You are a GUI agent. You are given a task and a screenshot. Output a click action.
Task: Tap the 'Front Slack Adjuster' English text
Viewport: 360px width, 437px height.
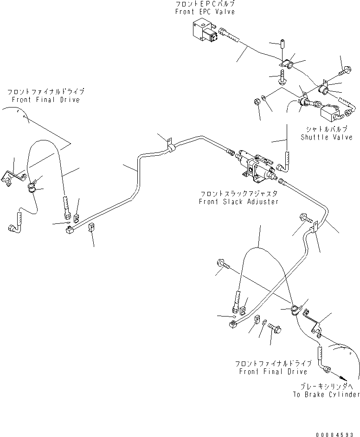(x=238, y=202)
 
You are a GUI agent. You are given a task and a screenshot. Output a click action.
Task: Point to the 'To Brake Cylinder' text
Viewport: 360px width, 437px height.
(x=326, y=394)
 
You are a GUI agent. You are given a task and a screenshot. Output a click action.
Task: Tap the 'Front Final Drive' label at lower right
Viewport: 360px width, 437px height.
(x=271, y=371)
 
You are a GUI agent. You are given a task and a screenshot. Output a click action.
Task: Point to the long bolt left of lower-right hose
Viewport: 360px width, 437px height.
(x=225, y=266)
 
